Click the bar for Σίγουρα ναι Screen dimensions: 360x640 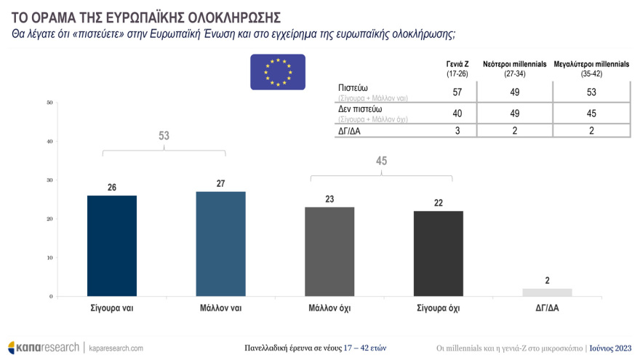[111, 246]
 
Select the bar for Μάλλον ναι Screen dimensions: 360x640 [220, 244]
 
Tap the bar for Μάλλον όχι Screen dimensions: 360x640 [329, 252]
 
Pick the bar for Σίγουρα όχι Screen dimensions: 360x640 [438, 253]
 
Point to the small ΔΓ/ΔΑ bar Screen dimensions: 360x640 [547, 292]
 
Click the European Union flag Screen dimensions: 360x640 [278, 72]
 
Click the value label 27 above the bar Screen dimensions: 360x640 [220, 183]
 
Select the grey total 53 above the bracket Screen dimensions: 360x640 [164, 136]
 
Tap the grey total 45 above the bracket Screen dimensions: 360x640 [381, 161]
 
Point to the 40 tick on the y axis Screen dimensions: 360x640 [50, 141]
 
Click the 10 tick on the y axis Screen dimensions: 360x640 [50, 257]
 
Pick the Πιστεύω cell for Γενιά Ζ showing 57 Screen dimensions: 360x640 [457, 92]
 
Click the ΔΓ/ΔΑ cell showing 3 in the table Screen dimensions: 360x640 [457, 131]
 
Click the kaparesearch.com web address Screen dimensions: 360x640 [116, 348]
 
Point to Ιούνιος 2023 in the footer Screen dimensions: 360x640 [610, 348]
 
